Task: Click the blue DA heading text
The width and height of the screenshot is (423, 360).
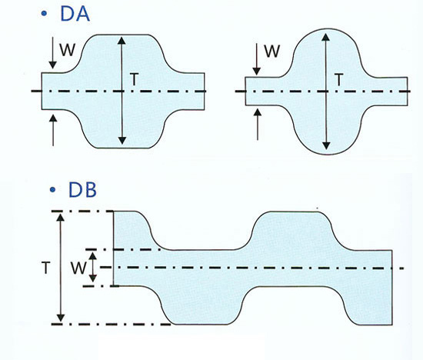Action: tap(75, 14)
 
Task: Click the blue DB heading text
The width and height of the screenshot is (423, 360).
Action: tap(82, 190)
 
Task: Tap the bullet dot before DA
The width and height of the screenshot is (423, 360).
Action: tap(44, 14)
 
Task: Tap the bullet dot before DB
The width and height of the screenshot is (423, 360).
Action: tap(52, 190)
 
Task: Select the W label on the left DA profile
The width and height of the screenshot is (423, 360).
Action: tap(68, 50)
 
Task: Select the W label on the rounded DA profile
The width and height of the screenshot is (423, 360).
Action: tap(272, 51)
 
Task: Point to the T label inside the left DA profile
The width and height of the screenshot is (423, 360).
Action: tap(134, 79)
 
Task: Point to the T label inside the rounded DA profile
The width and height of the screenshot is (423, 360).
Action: tap(338, 80)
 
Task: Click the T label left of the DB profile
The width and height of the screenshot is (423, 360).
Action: tap(46, 268)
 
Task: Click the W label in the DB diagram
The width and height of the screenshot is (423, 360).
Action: tap(78, 268)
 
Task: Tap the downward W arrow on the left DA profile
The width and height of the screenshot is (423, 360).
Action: tap(53, 53)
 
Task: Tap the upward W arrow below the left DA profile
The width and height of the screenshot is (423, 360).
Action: tap(53, 130)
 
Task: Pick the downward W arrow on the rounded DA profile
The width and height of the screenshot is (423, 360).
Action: tap(257, 59)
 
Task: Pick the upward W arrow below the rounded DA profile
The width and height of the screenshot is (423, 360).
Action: tap(258, 124)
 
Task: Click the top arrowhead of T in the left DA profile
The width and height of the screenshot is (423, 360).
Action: tap(122, 41)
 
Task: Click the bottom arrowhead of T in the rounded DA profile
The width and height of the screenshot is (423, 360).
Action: tap(326, 145)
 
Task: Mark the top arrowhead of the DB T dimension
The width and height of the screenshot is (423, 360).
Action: tap(61, 217)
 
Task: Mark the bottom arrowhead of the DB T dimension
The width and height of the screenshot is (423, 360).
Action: tap(61, 318)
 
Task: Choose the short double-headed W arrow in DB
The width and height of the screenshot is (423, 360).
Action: tap(93, 267)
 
